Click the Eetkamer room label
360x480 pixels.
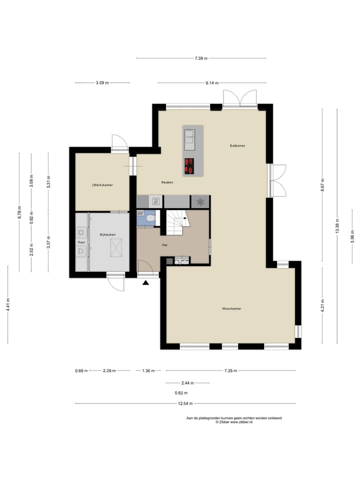[x=237, y=145]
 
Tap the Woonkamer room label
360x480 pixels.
[x=231, y=308]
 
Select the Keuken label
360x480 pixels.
[x=167, y=182]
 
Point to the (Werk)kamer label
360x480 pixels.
[x=102, y=185]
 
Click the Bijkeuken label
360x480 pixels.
[x=108, y=235]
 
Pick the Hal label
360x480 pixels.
[x=164, y=245]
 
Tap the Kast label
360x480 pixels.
[x=81, y=242]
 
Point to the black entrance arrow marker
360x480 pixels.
[x=145, y=283]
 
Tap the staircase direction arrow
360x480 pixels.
[x=185, y=218]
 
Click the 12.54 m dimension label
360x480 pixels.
[x=185, y=403]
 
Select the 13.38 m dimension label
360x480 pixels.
[x=337, y=226]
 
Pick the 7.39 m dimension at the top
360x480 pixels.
[x=201, y=58]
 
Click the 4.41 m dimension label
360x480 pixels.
[x=8, y=304]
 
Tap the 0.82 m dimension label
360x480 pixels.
[x=181, y=393]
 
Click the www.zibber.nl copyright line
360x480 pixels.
[x=234, y=422]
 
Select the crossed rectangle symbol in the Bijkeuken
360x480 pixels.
[x=116, y=247]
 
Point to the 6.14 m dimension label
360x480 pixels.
[x=212, y=82]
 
